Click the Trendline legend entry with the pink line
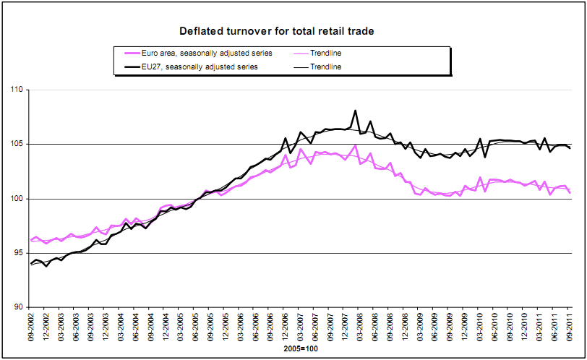tap(325, 53)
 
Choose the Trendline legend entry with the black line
tap(325, 67)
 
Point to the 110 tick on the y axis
tap(15, 90)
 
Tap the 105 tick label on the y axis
tap(15, 145)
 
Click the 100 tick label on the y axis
tap(15, 199)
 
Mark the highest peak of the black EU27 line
tap(356, 111)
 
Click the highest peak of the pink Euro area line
tap(356, 145)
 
